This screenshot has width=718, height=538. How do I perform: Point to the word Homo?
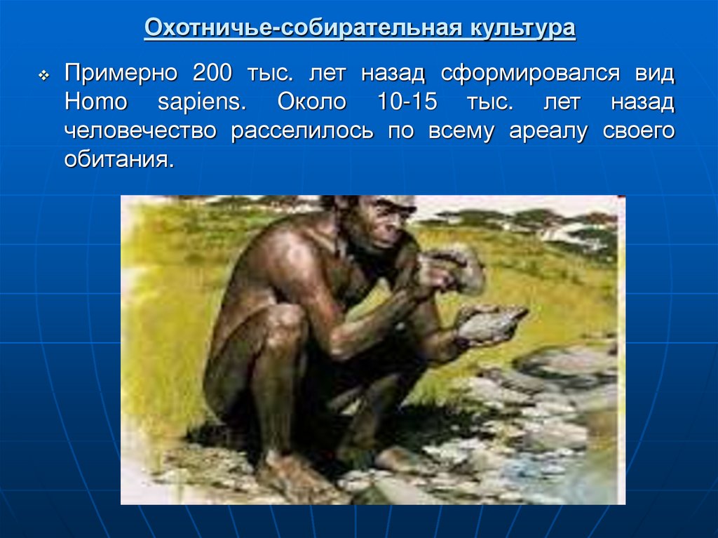point(95,102)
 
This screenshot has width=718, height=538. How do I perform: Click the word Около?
point(311,102)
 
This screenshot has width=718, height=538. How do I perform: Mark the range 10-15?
point(407,102)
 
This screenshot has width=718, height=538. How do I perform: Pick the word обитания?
point(118,161)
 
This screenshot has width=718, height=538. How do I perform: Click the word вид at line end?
point(652,74)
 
